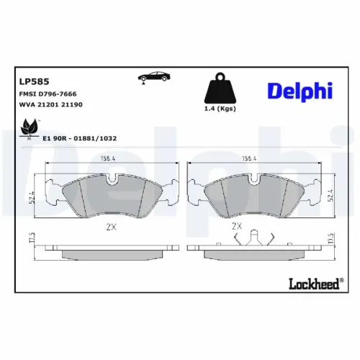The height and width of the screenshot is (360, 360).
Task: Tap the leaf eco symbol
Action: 29,128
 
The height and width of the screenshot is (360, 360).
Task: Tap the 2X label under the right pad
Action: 236,225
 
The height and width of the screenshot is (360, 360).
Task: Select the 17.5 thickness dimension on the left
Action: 32,240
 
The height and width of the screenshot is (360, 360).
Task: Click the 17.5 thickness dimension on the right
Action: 330,240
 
